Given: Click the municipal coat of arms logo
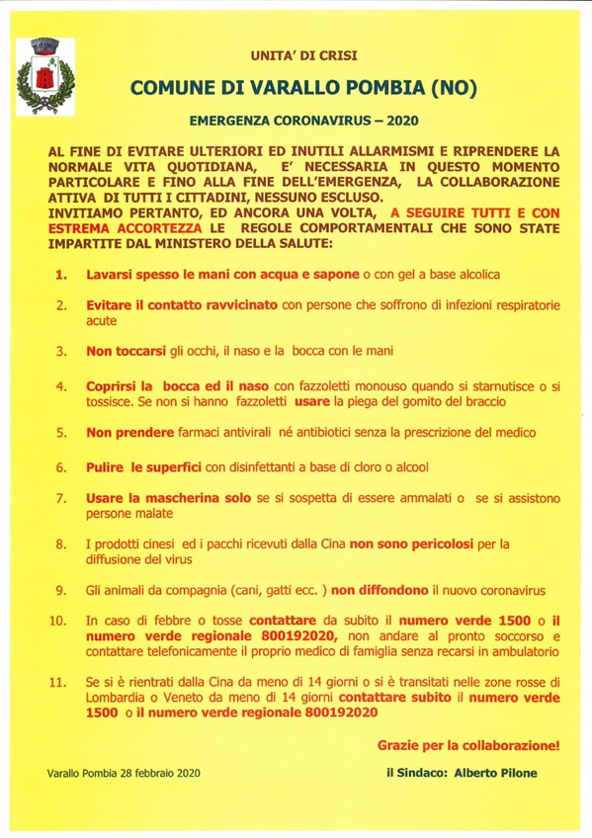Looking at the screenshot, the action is (x=42, y=75).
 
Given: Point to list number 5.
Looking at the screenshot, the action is (x=61, y=433).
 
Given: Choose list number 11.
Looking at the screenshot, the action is (x=57, y=681).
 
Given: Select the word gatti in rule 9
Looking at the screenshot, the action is (x=268, y=590).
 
